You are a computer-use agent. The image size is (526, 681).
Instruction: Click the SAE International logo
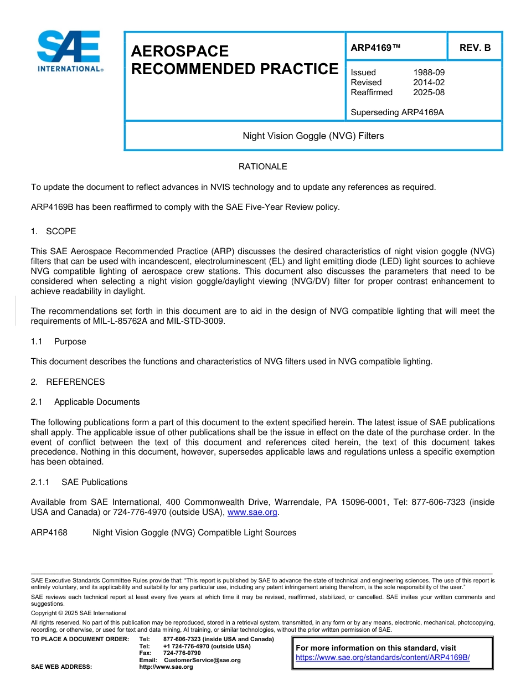(x=69, y=51)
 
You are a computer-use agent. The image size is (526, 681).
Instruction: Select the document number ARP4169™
(x=375, y=48)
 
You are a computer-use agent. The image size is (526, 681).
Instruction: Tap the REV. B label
(x=475, y=48)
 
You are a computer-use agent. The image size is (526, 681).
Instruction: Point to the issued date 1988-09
(x=429, y=73)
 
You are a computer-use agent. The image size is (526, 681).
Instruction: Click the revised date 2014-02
(x=429, y=82)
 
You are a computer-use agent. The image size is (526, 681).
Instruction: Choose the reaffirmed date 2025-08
(x=429, y=92)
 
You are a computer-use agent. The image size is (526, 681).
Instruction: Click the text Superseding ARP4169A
(x=397, y=112)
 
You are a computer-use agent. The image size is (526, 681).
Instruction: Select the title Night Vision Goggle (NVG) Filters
(x=313, y=136)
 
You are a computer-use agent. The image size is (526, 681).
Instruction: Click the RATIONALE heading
(x=262, y=167)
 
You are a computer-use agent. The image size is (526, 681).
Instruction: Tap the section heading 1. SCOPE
(x=54, y=231)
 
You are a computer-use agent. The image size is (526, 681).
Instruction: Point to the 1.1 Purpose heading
(x=59, y=342)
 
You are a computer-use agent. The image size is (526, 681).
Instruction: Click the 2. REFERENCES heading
(x=68, y=382)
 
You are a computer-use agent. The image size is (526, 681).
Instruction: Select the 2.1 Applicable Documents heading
(x=85, y=402)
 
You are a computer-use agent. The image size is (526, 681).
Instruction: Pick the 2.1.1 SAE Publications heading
(x=79, y=482)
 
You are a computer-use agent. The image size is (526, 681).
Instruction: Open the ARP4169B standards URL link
(x=383, y=658)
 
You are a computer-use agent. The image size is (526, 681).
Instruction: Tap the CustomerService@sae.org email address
(x=202, y=660)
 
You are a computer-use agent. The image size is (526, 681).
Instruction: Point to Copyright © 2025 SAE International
(x=79, y=613)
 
